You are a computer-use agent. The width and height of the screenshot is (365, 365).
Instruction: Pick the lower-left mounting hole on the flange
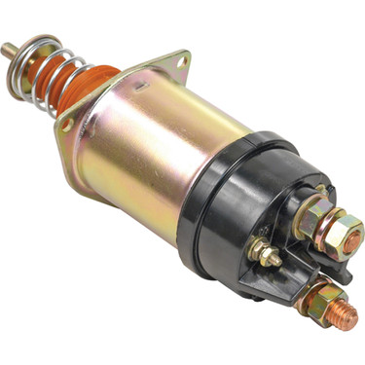tap(67, 126)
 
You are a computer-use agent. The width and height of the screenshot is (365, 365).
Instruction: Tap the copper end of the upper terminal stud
tap(356, 233)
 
